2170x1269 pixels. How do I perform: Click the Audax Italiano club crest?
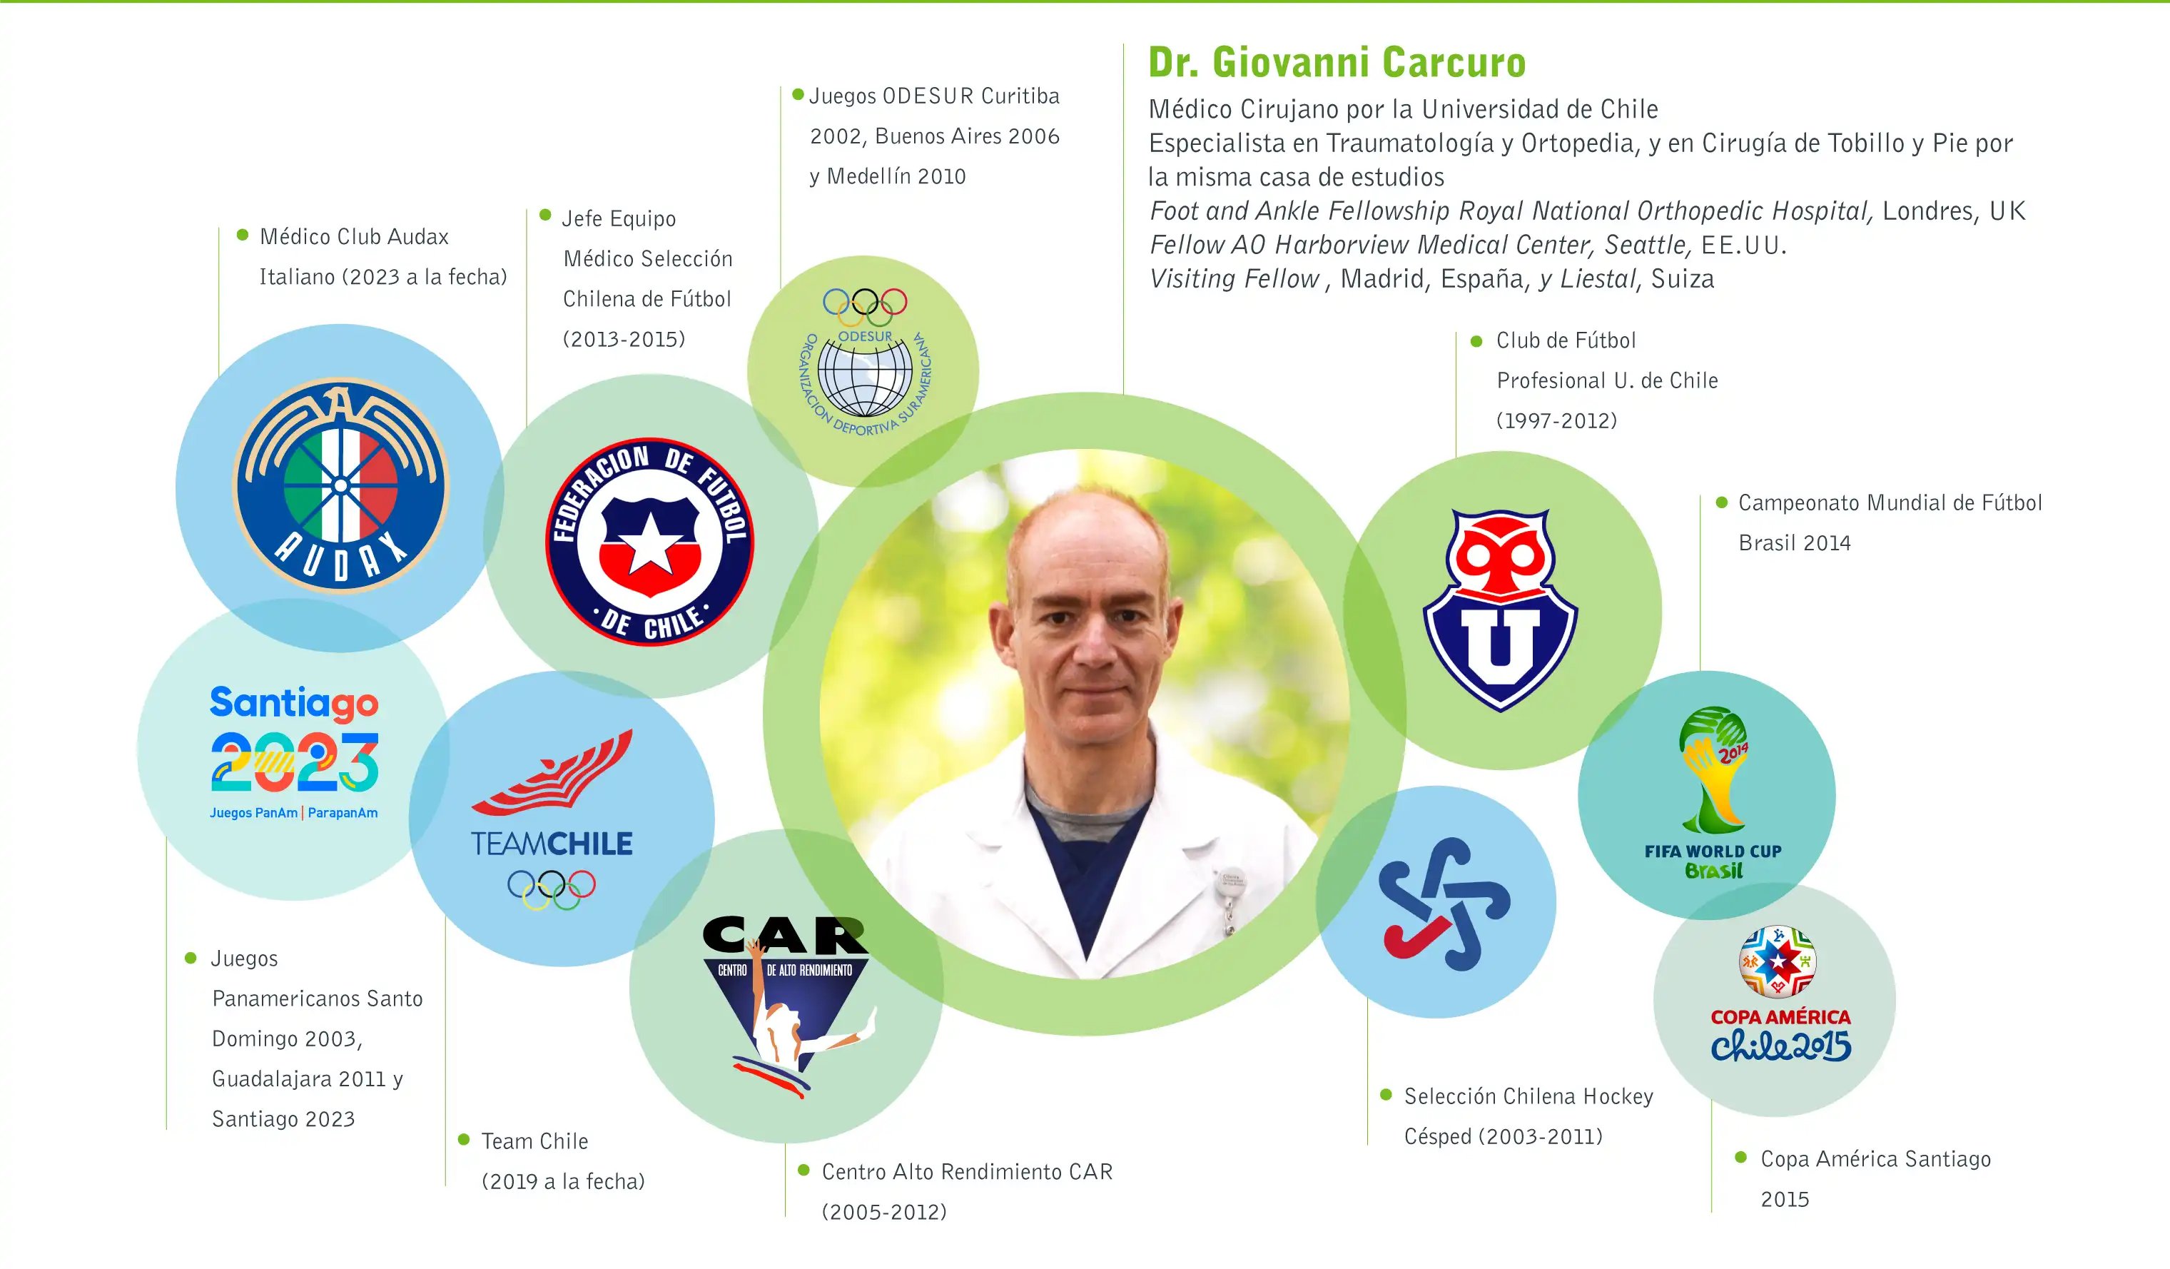(341, 486)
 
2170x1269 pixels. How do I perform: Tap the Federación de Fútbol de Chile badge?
(650, 542)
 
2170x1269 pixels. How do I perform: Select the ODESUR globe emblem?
(865, 361)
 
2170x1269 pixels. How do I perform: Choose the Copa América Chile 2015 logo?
(1780, 994)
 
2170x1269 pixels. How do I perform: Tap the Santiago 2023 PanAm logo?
(295, 752)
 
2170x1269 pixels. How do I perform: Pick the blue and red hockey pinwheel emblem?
(1444, 903)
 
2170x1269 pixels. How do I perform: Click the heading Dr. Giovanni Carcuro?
(1337, 62)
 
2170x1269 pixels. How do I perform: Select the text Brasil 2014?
(1795, 542)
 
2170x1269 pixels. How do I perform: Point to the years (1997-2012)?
(1557, 420)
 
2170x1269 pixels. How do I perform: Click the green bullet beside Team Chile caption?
(464, 1139)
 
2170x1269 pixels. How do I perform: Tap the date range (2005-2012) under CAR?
(884, 1211)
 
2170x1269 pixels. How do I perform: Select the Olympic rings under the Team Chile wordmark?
(551, 889)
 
